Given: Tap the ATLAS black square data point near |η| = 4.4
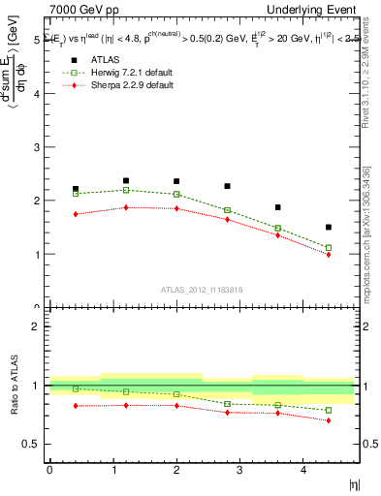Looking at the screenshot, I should [329, 228].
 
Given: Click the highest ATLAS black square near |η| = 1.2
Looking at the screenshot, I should [126, 180].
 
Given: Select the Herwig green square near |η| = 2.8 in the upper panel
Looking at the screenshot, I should [227, 210].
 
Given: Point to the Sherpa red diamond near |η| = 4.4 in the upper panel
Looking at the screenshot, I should [329, 255].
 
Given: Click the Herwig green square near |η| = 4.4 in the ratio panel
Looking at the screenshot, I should [329, 411].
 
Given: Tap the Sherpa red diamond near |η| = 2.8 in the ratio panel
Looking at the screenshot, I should [227, 413].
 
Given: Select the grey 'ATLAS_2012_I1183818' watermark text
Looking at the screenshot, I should [202, 288].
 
